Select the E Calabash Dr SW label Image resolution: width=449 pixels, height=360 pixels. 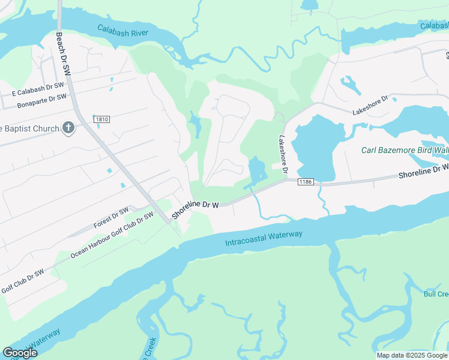[x=38, y=89]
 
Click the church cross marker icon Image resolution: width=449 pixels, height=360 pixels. [x=68, y=128]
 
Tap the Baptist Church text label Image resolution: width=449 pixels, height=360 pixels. [x=30, y=128]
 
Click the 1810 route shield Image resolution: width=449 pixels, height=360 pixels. [x=101, y=119]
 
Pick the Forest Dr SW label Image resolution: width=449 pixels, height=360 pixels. [x=111, y=218]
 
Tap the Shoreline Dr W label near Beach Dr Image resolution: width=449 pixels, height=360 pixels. [x=195, y=209]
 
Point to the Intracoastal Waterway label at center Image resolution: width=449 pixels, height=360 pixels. [x=264, y=239]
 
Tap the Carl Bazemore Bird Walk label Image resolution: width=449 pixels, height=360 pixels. [x=405, y=149]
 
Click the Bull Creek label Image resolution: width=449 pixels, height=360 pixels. [x=436, y=293]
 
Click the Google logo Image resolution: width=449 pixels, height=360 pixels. [x=20, y=353]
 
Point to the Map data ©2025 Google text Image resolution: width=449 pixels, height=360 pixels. [x=411, y=355]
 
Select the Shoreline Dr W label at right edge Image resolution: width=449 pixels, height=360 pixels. [x=424, y=172]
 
